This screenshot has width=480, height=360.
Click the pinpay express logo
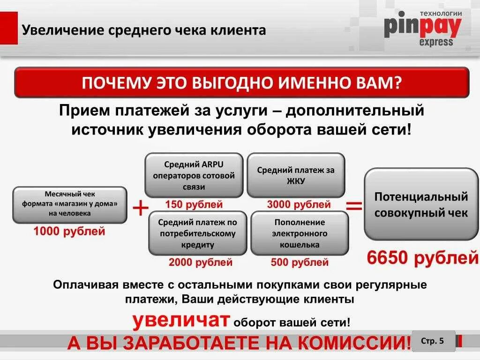point(422,29)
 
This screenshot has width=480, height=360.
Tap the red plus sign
point(141,208)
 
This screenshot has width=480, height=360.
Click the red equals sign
point(354,205)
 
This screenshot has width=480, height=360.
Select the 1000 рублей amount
point(69,231)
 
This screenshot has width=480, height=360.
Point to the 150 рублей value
point(194,204)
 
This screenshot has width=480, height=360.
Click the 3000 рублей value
point(299,204)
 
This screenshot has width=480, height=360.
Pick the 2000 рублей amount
point(201,262)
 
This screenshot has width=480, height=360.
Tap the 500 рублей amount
point(300,262)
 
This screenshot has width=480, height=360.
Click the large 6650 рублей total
point(422,257)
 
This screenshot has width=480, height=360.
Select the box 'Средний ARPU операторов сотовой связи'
point(194,175)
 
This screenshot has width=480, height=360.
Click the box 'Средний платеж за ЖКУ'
point(296,175)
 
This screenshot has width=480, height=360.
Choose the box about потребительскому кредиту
point(198,233)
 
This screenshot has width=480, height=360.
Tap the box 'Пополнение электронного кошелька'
point(300,233)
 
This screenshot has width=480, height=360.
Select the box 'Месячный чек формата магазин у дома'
point(69,205)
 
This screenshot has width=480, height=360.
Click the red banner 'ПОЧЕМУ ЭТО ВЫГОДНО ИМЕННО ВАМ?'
point(241,82)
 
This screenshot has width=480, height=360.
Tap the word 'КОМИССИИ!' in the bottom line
point(354,343)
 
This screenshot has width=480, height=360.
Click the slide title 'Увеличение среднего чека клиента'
point(144,31)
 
